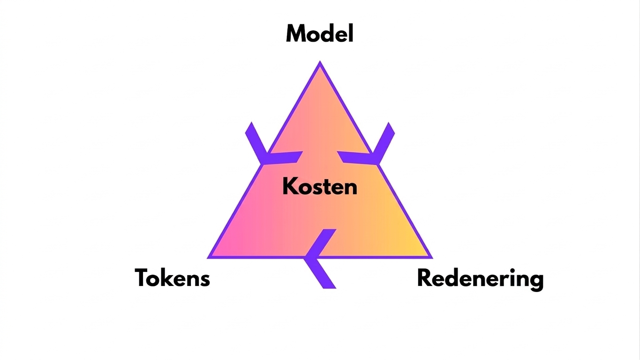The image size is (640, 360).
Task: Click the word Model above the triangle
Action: pyautogui.click(x=320, y=33)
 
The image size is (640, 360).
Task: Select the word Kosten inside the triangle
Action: pyautogui.click(x=320, y=186)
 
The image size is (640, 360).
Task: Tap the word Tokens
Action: pyautogui.click(x=172, y=277)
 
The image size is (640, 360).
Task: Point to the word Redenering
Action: pyautogui.click(x=480, y=279)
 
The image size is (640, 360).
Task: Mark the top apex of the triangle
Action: pyautogui.click(x=320, y=61)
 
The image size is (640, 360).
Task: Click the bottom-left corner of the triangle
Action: pyautogui.click(x=207, y=258)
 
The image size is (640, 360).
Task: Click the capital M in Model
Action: pyautogui.click(x=297, y=34)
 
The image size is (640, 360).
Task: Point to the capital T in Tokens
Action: pyautogui.click(x=143, y=277)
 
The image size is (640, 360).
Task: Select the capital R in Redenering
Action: pyautogui.click(x=425, y=277)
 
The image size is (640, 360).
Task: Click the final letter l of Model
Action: pyautogui.click(x=352, y=33)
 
